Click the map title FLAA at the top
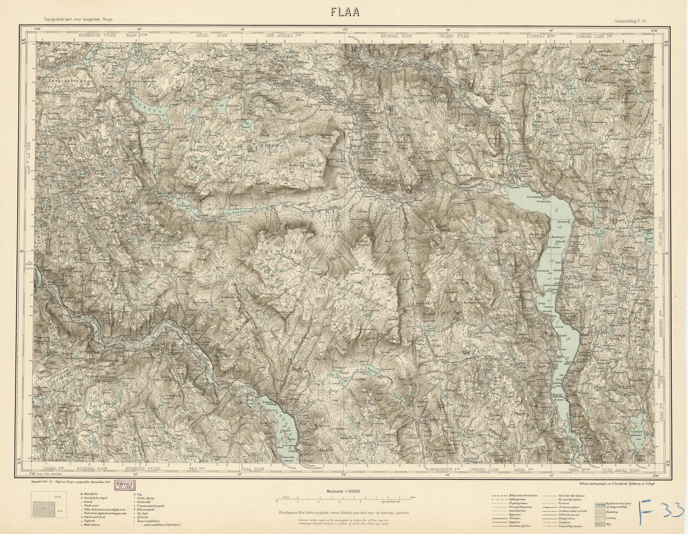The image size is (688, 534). (344, 12)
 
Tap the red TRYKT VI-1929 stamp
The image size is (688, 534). (123, 485)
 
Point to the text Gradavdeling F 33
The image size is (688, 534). (629, 20)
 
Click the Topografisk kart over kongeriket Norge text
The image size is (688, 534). (78, 20)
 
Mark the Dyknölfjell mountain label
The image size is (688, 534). (279, 249)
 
